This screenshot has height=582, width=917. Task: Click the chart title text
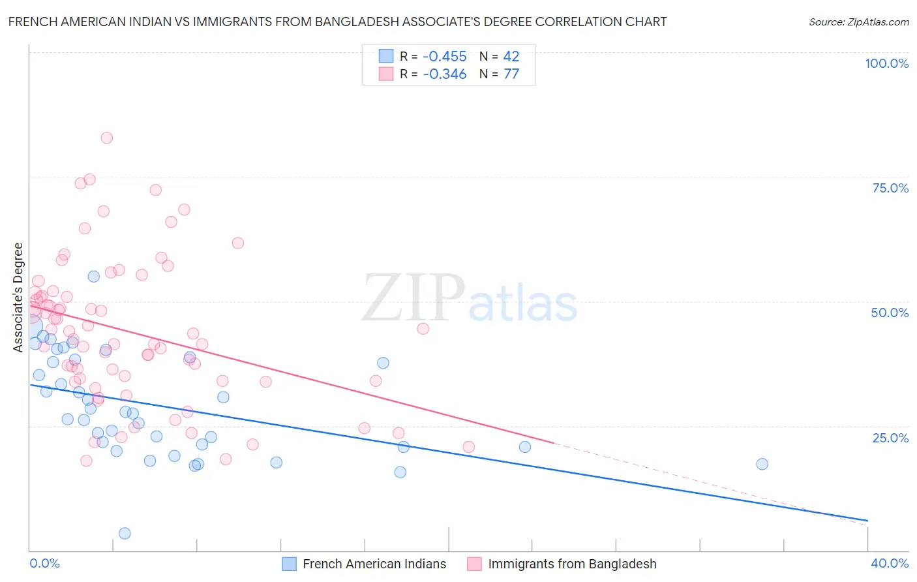(x=337, y=22)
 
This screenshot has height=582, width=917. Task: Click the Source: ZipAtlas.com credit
(x=858, y=22)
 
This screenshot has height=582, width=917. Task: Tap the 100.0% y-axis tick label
(x=886, y=63)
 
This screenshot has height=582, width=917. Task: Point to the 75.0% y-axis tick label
(x=890, y=188)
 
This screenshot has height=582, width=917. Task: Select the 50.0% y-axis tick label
(x=890, y=313)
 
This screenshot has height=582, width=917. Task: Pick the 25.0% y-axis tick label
(x=890, y=438)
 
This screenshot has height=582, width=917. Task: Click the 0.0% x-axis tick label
(x=44, y=563)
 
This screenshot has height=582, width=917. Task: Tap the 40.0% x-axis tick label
(x=890, y=563)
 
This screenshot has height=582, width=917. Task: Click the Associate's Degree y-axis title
(x=18, y=298)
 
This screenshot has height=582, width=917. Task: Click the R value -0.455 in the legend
(x=445, y=57)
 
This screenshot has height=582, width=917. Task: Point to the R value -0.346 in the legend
(x=445, y=74)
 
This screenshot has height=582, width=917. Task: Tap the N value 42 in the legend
(x=511, y=57)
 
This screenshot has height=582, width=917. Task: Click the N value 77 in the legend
(x=511, y=74)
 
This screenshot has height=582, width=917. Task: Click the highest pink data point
(x=106, y=138)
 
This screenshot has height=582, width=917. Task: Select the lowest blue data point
(x=125, y=533)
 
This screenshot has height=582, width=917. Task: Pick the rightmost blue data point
(x=762, y=464)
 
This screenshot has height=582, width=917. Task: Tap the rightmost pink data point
(x=468, y=447)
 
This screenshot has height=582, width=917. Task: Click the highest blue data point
(x=93, y=277)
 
